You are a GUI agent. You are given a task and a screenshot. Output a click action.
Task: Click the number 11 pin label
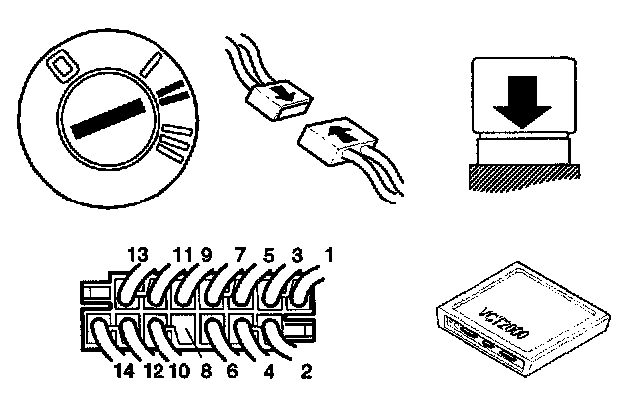181,256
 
